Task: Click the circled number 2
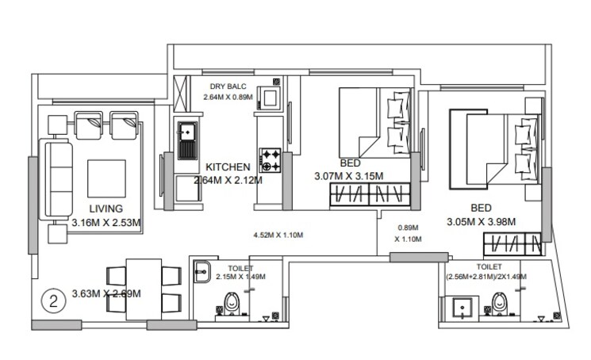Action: coord(53,301)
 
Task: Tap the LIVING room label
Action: coord(105,209)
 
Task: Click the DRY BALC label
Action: coord(228,86)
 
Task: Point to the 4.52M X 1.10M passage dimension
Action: coord(278,236)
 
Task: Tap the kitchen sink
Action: coord(187,140)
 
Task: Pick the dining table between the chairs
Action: coord(144,289)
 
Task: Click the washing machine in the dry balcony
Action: coord(272,98)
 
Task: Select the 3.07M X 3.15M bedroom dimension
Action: coord(349,176)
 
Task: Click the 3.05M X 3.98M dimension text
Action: coord(481,222)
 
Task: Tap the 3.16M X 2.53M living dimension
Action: coord(105,223)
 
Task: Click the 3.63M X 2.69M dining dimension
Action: coord(106,293)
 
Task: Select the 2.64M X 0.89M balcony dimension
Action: coord(228,97)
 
